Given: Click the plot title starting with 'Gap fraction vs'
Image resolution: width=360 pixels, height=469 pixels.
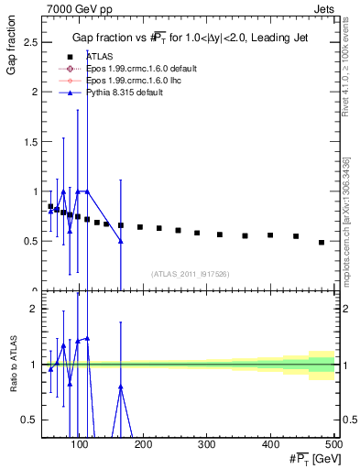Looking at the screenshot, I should [x=191, y=38].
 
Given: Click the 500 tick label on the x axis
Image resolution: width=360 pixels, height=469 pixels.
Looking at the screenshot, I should [x=334, y=445].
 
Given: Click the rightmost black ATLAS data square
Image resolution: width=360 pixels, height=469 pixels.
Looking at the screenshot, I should [x=322, y=242].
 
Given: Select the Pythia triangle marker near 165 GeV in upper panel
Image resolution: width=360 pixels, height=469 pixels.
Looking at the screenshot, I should [x=121, y=241].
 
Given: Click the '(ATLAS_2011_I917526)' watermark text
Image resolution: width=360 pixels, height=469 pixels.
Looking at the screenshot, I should [x=191, y=274].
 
